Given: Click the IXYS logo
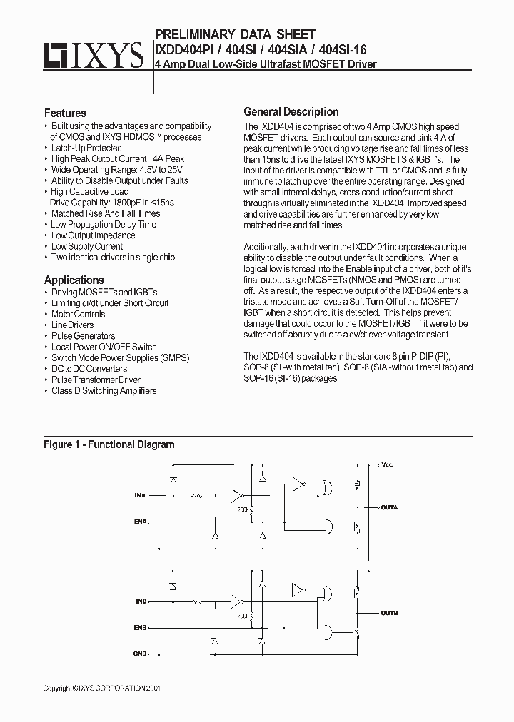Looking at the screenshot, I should coord(92,55).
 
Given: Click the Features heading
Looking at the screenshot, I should coord(65,113).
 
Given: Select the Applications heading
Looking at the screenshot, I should coord(74,280).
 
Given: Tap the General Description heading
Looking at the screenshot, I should coord(291,112).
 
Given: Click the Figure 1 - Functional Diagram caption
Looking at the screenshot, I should coord(109,444).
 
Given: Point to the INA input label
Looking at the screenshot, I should coord(140,494).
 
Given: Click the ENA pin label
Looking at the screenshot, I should coord(140,522).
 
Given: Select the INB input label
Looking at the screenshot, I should coord(140,601).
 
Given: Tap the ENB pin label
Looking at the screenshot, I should coord(140,628).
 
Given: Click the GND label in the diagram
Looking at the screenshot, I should coord(140,654).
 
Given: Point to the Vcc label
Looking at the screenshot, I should coord(387,464).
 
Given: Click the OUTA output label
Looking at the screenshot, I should coord(389,507).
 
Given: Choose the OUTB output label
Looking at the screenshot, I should coord(389,613).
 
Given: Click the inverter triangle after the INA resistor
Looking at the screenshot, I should coord(237,494).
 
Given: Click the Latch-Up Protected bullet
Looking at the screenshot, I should coord(86,148).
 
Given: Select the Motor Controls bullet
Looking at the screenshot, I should coord(78,314).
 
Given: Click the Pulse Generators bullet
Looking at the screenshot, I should coord(83,336).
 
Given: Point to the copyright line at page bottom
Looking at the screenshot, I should coord(103,688).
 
